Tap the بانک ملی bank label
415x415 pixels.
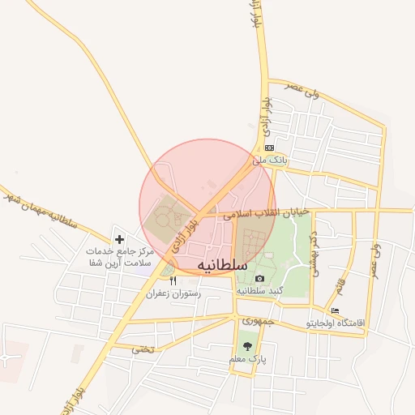(x=269, y=160)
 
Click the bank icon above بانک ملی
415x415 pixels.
(x=269, y=148)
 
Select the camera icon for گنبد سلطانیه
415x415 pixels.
(x=259, y=278)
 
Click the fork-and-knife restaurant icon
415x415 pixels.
(x=172, y=280)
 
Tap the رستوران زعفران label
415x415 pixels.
(x=172, y=293)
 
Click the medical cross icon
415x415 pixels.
(x=120, y=239)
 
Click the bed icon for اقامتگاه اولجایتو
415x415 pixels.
(x=335, y=310)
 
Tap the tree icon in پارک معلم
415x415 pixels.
(x=247, y=345)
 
